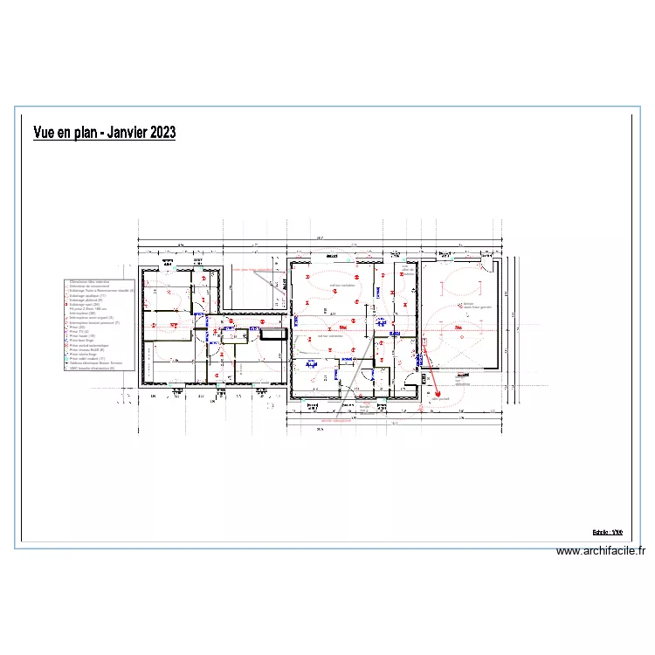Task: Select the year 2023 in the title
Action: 162,133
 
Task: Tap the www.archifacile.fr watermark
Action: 601,551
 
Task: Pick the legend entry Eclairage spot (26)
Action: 84,304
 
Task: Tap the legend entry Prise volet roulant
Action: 86,359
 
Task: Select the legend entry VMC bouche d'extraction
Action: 92,368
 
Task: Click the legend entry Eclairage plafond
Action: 86,300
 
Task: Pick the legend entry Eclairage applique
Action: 87,295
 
